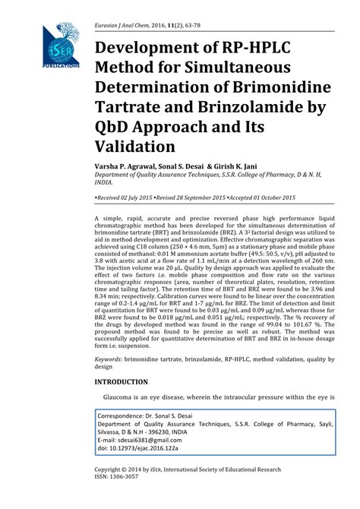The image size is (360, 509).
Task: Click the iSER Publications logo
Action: pos(60,46)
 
